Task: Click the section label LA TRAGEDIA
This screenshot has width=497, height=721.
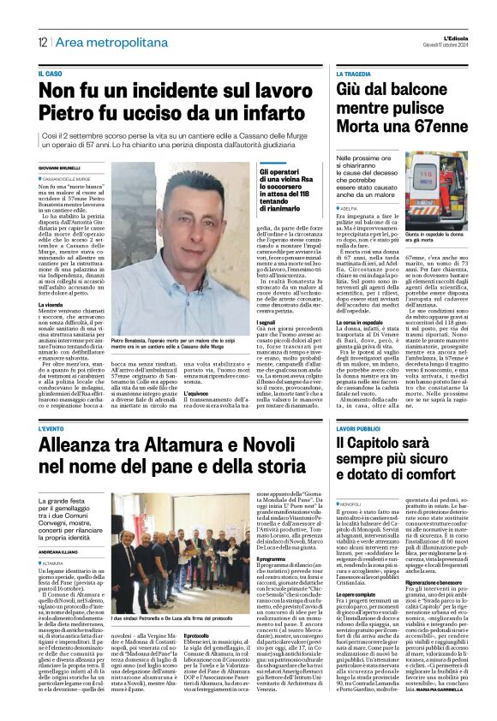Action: [x=357, y=74]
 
